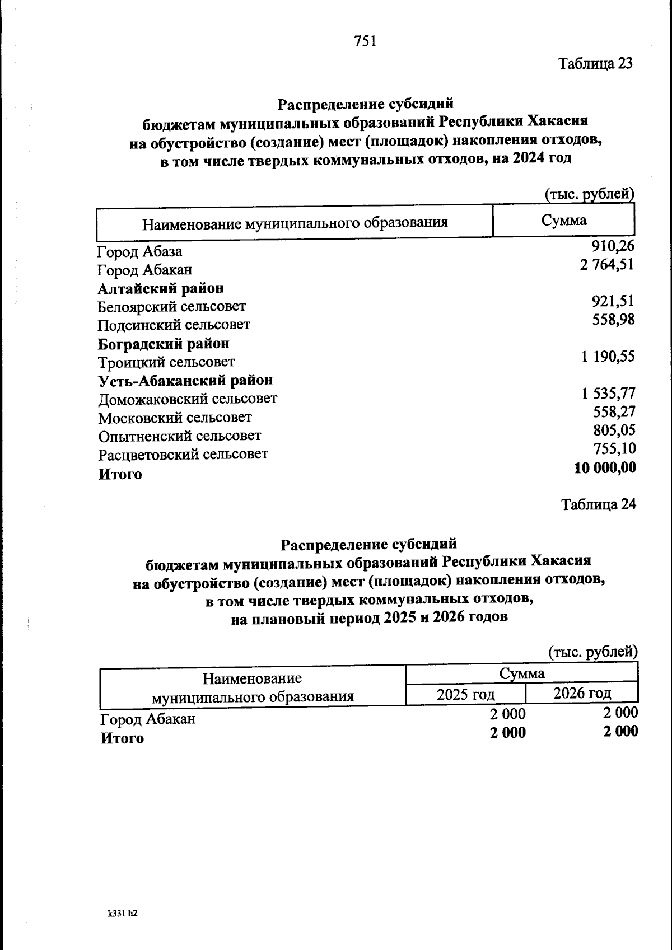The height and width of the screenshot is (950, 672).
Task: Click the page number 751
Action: tap(365, 41)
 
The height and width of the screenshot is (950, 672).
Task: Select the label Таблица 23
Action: tap(595, 64)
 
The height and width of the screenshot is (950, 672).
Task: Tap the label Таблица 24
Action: tap(599, 504)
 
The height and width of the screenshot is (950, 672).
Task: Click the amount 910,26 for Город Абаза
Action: tap(613, 246)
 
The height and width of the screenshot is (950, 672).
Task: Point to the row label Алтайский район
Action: tap(161, 288)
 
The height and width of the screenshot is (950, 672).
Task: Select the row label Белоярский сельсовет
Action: tap(171, 307)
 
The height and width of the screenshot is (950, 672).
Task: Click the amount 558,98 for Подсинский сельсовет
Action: tap(613, 320)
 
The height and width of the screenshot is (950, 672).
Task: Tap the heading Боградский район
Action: tap(164, 343)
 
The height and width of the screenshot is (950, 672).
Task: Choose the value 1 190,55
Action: tap(608, 357)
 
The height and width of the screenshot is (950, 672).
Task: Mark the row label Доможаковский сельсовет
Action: tap(188, 399)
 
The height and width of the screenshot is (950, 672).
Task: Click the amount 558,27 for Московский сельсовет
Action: tap(614, 412)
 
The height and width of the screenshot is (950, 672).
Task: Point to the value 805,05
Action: tap(614, 430)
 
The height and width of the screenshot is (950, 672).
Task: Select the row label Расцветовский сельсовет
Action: tap(183, 454)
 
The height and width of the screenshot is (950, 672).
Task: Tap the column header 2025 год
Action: tap(465, 695)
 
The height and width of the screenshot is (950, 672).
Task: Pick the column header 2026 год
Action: tap(582, 694)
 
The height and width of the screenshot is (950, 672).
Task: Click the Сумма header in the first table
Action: tap(563, 221)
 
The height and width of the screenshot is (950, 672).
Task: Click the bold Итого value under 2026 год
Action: tap(620, 731)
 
